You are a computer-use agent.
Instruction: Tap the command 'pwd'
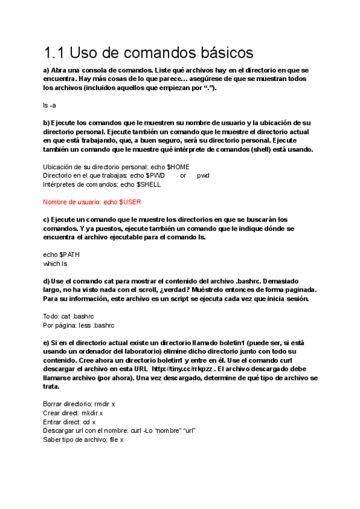203,175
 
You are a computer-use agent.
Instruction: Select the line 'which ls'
55,264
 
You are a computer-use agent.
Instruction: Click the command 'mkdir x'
92,413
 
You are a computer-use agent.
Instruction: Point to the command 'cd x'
90,422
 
